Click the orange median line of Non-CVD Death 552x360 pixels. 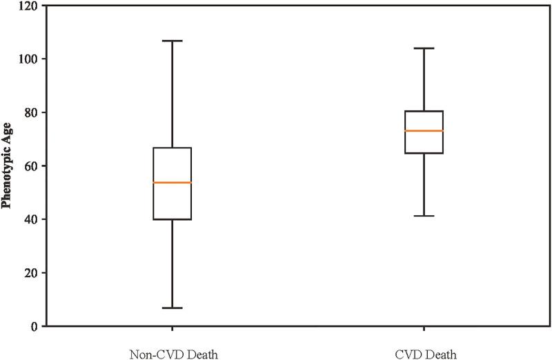click(x=172, y=182)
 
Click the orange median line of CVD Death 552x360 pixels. click(x=423, y=130)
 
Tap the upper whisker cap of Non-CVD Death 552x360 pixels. click(x=172, y=41)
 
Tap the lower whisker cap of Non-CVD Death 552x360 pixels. click(x=172, y=308)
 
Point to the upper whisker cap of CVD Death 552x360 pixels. click(x=423, y=48)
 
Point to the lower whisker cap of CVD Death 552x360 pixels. click(x=423, y=216)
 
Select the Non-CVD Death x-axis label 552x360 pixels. click(x=172, y=354)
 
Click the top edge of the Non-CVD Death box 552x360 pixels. click(x=172, y=148)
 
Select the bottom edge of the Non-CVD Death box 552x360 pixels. click(x=172, y=219)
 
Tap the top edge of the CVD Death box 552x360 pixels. click(x=423, y=111)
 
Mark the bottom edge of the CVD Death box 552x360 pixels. click(x=423, y=153)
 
